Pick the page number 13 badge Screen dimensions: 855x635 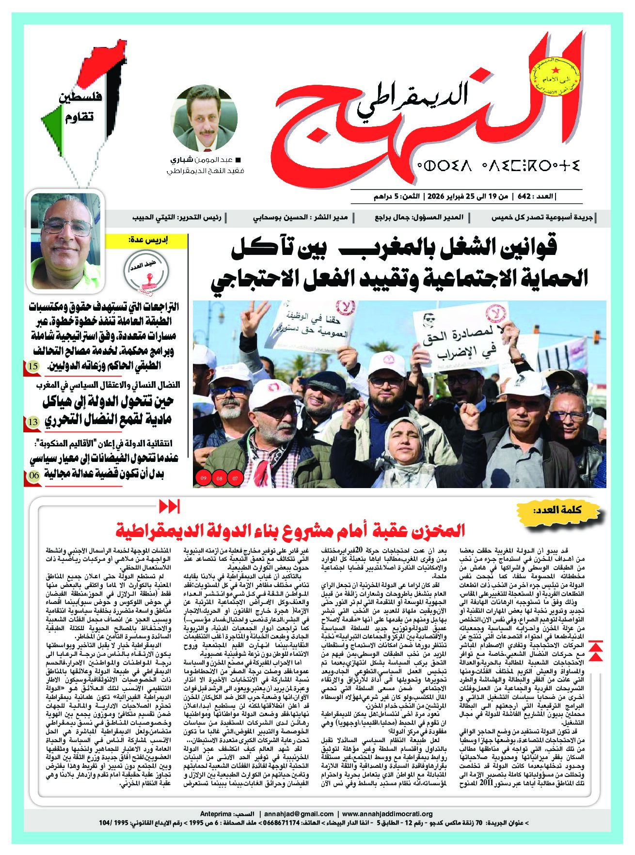33,422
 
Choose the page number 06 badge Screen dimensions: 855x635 33,475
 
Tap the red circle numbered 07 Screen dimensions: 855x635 236,479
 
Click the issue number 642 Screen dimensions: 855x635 527,197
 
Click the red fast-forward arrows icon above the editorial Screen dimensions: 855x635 169,507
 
